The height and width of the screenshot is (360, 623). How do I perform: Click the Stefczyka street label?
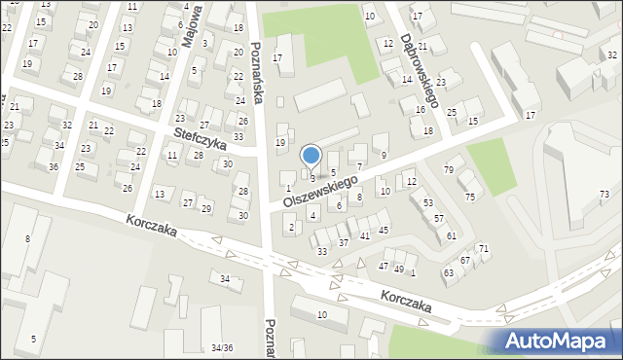pos(201,140)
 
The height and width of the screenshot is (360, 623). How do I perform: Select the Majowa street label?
pos(193,25)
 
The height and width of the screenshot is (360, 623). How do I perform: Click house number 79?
pos(449,170)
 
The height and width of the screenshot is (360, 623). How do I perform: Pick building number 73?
pos(604,195)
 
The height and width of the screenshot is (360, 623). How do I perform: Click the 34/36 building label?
pos(222,347)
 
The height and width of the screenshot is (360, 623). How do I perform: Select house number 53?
pos(428,202)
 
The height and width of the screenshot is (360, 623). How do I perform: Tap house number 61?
pos(452,236)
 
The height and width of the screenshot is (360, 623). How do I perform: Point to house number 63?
pos(449,272)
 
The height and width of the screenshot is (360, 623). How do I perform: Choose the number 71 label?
pos(483,250)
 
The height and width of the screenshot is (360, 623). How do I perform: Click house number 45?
pos(385,230)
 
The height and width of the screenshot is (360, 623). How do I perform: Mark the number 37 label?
pos(344,242)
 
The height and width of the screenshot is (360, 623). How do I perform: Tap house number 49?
pos(398,269)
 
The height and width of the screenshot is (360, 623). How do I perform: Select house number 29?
pos(206,209)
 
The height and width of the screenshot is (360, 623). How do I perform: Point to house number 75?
pos(470,198)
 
